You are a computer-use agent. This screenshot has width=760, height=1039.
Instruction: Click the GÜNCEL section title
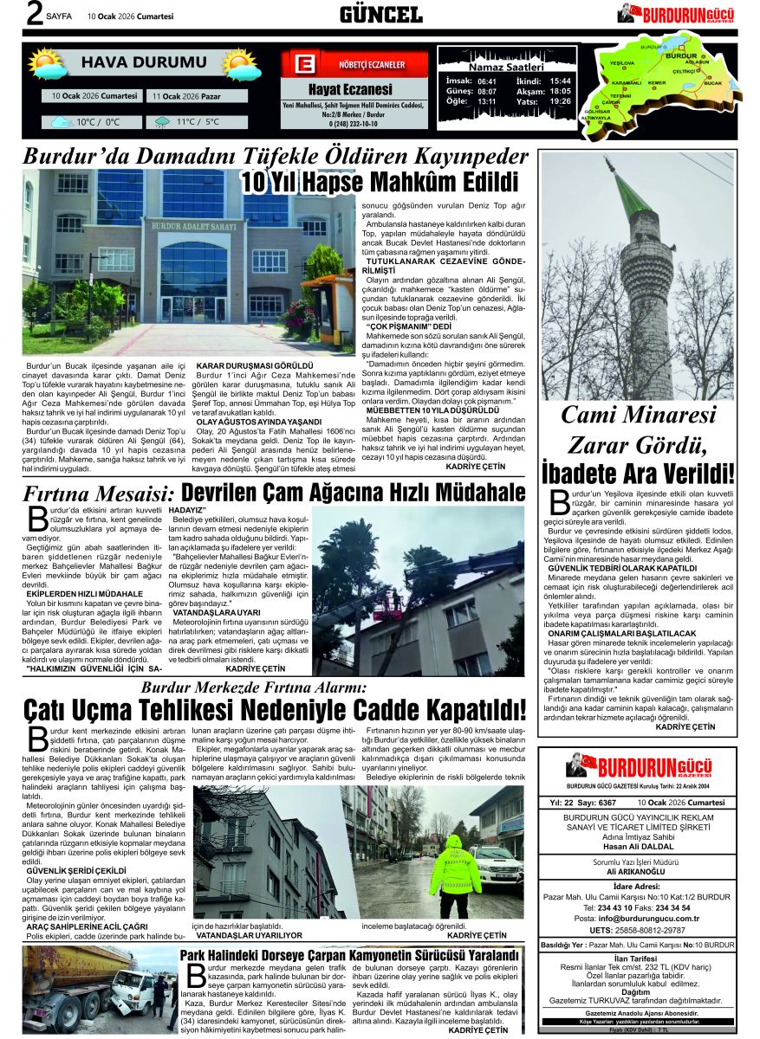pyautogui.click(x=380, y=14)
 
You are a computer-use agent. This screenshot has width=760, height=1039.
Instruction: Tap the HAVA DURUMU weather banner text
pyautogui.click(x=144, y=62)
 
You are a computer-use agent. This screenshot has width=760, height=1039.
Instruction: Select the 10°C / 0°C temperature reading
pyautogui.click(x=97, y=123)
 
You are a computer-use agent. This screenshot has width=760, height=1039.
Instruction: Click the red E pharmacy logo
pyautogui.click(x=304, y=66)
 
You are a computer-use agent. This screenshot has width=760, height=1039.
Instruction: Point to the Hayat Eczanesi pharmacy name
pyautogui.click(x=350, y=89)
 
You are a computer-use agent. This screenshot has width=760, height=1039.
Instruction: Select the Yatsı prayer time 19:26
pyautogui.click(x=560, y=101)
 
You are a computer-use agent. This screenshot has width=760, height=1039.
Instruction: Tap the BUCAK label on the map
pyautogui.click(x=712, y=83)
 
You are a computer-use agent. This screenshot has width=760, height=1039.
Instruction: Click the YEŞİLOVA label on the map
pyautogui.click(x=621, y=64)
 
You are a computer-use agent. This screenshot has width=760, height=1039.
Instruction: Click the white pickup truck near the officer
pyautogui.click(x=496, y=862)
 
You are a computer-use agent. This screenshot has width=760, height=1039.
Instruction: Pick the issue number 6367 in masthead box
pyautogui.click(x=607, y=803)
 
